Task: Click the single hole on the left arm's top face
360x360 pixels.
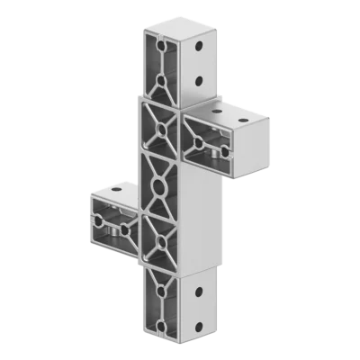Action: (x=116, y=191)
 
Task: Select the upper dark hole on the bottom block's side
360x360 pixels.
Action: (x=197, y=290)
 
